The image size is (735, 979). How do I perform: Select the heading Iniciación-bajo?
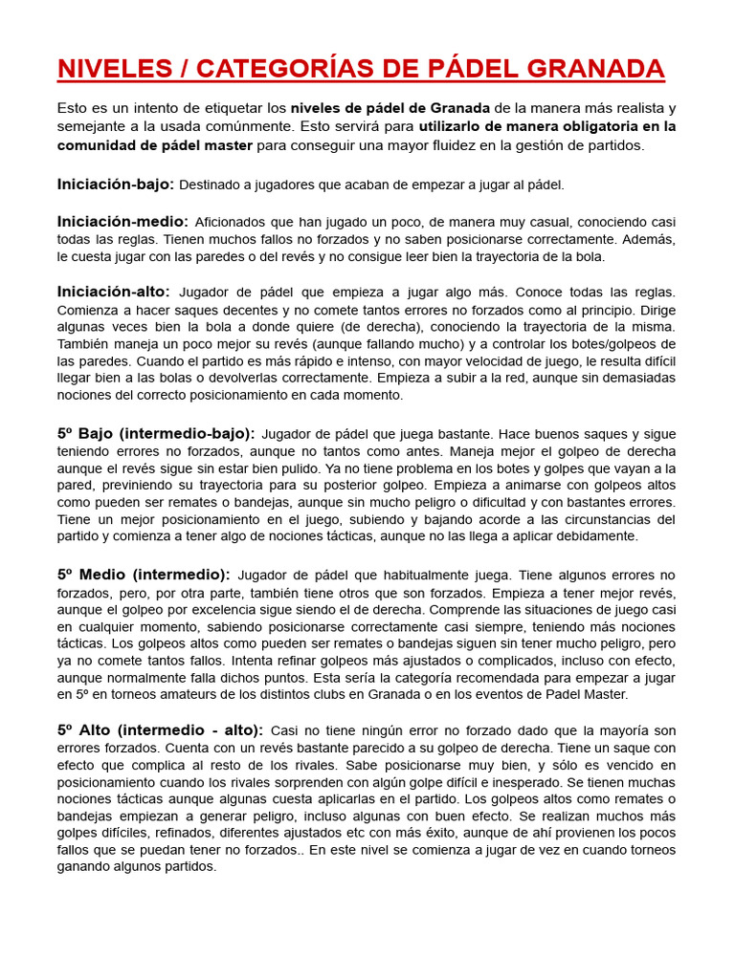[x=115, y=184]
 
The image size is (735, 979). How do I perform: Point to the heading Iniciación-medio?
[x=122, y=221]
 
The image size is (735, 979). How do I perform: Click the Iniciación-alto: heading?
[x=113, y=292]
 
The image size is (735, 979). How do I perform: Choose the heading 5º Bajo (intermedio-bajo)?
[x=155, y=433]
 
